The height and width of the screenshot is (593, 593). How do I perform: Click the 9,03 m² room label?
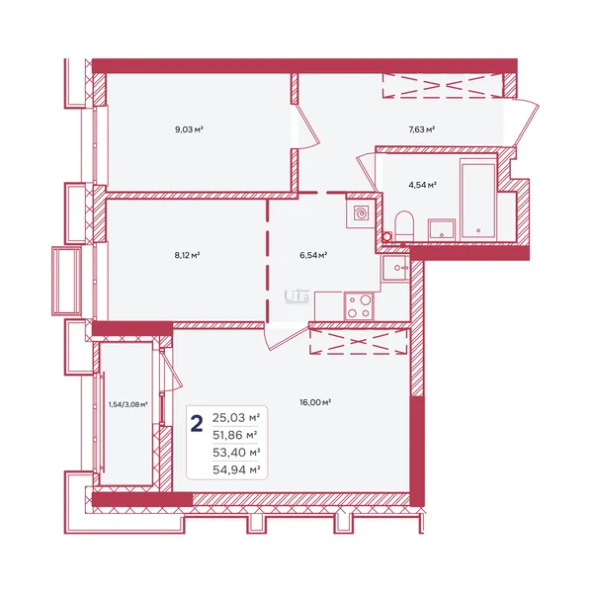point(189,129)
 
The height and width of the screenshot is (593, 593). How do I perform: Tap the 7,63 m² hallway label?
point(421,129)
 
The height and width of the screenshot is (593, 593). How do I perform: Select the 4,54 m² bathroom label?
point(422,185)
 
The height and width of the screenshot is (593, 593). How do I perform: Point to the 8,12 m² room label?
point(187,255)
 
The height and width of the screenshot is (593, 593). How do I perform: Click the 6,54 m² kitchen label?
point(313,255)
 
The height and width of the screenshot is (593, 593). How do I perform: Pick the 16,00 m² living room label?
point(315,402)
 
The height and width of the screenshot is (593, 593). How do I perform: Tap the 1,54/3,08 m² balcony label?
point(127,404)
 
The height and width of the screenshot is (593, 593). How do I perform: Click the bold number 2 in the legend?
point(197,423)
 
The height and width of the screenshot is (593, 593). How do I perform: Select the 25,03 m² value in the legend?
point(236,418)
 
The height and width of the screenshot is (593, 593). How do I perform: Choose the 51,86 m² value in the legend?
point(235,435)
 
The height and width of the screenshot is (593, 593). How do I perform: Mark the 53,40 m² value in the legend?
point(236,453)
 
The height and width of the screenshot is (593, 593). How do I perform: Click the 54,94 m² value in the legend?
point(236,470)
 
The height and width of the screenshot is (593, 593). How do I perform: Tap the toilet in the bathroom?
point(404,225)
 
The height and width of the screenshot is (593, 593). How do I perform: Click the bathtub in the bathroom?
point(478,200)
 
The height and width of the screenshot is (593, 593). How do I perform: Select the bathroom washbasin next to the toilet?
point(442,229)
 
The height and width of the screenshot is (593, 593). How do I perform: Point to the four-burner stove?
point(359,306)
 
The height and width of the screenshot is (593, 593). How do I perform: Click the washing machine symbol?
point(361,213)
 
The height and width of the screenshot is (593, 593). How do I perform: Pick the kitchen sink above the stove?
point(395,268)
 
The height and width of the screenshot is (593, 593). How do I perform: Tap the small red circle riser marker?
point(386,237)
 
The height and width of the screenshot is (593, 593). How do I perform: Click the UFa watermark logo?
point(296,296)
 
